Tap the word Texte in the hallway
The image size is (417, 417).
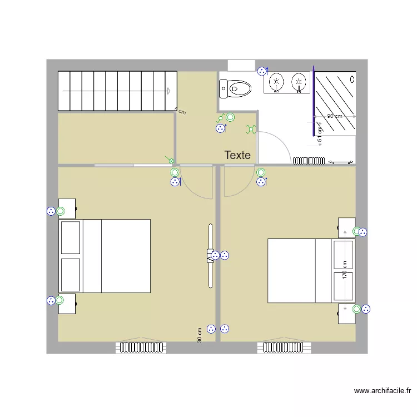pos(237,156)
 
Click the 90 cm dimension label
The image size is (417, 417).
pos(334,116)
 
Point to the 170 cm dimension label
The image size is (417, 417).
pos(345,271)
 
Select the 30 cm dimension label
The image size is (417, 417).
pos(199,335)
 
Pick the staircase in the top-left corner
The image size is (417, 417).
pos(117,91)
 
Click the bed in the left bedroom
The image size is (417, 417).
pos(105,256)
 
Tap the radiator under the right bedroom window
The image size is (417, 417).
pos(281,348)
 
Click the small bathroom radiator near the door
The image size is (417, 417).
pos(309,161)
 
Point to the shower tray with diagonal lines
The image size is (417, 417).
pos(335,103)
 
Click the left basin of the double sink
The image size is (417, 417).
pos(276,83)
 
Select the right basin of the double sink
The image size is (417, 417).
pos(299,83)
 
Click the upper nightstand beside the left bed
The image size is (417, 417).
pos(67,208)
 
